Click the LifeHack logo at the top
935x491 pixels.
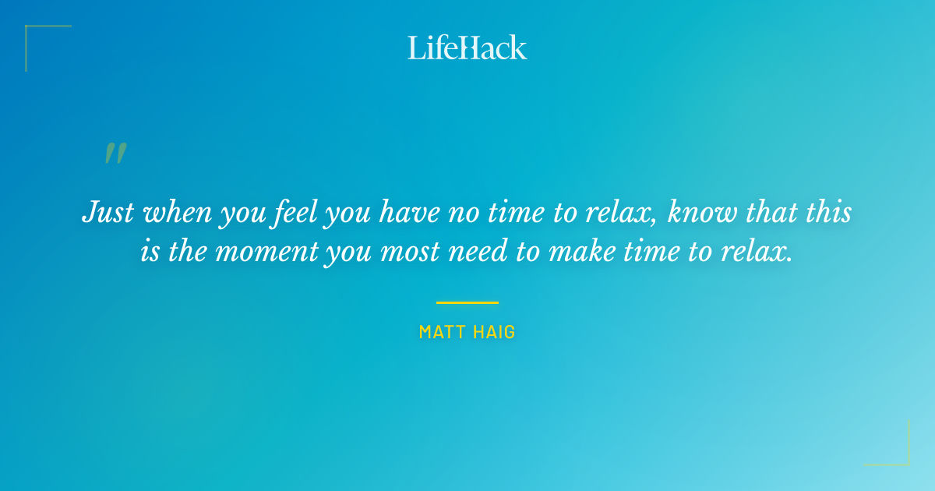point(467,48)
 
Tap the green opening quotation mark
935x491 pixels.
point(115,154)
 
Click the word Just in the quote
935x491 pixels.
point(109,213)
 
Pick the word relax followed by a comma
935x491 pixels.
point(623,213)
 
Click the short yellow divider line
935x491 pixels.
point(467,302)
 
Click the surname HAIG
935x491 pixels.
point(496,332)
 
